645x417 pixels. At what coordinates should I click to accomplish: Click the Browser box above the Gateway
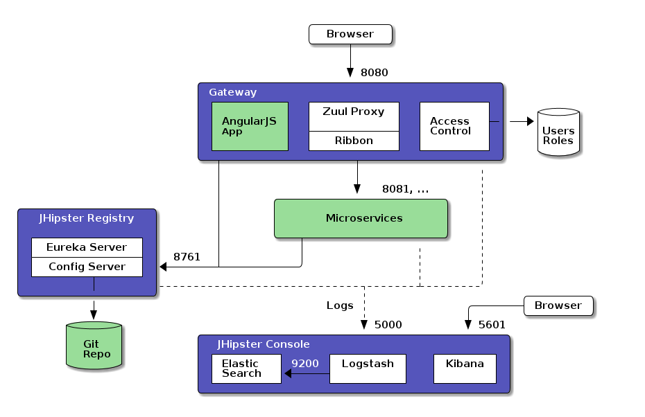pos(350,34)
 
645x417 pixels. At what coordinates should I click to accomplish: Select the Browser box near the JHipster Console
pos(558,305)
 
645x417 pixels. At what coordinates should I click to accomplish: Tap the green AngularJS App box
pos(250,126)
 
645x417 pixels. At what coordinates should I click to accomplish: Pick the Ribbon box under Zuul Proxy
pos(354,141)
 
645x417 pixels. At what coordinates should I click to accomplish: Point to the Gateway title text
pos(233,92)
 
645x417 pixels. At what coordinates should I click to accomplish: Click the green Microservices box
pos(361,218)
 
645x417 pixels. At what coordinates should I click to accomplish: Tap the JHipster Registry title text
pos(87,218)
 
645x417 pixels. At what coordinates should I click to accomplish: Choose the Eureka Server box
pos(87,247)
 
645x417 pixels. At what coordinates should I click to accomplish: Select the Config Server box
pos(87,267)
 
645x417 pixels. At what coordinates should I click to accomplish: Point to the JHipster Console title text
pos(264,344)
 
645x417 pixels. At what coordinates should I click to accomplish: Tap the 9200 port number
pos(305,363)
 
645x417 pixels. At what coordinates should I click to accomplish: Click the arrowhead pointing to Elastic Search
pos(288,374)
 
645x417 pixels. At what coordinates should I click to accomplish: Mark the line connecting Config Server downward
pos(94,284)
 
